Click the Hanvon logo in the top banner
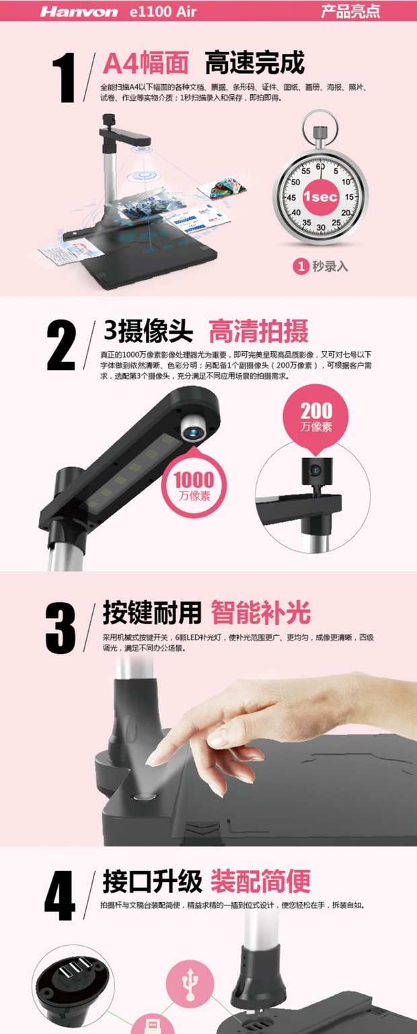click(79, 11)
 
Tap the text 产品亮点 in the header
click(350, 11)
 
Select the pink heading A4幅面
click(146, 63)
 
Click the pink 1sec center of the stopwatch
click(320, 196)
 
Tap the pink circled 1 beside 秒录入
click(301, 266)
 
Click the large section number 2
click(61, 346)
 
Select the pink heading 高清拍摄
click(258, 331)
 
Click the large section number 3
click(61, 627)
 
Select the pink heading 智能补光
click(261, 613)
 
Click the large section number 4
click(60, 895)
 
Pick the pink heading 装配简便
click(261, 881)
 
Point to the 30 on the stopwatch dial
click(321, 227)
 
